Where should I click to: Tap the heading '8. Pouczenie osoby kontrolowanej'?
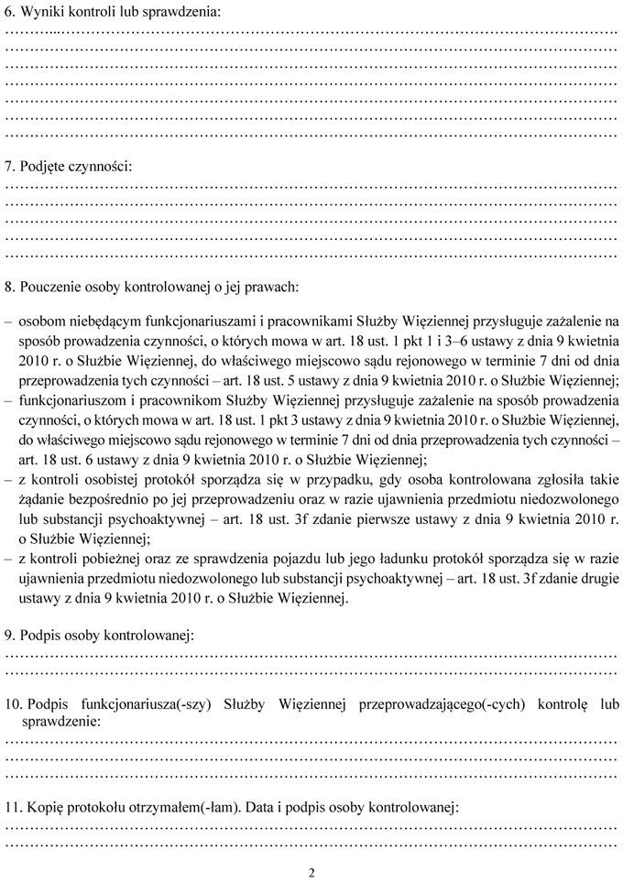151,287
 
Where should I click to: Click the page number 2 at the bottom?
311,872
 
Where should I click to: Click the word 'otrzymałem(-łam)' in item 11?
183,810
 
